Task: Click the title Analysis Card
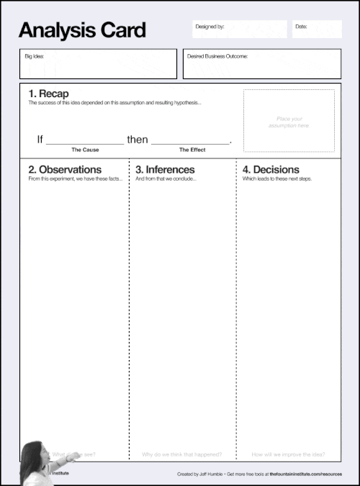pos(82,30)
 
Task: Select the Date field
pos(316,29)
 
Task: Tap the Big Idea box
pos(98,64)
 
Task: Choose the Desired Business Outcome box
pos(262,64)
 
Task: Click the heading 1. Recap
pos(48,94)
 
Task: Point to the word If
pos(40,140)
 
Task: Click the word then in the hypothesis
pos(137,140)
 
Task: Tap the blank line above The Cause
pos(84,142)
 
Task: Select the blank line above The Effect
pos(190,142)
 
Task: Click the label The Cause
pos(85,150)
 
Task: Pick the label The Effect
pos(192,150)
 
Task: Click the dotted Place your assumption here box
pos(289,121)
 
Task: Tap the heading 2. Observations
pos(63,169)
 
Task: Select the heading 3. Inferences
pos(165,169)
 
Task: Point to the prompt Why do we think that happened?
pos(181,454)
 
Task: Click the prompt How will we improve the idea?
pos(288,454)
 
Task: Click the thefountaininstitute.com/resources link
pos(311,475)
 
